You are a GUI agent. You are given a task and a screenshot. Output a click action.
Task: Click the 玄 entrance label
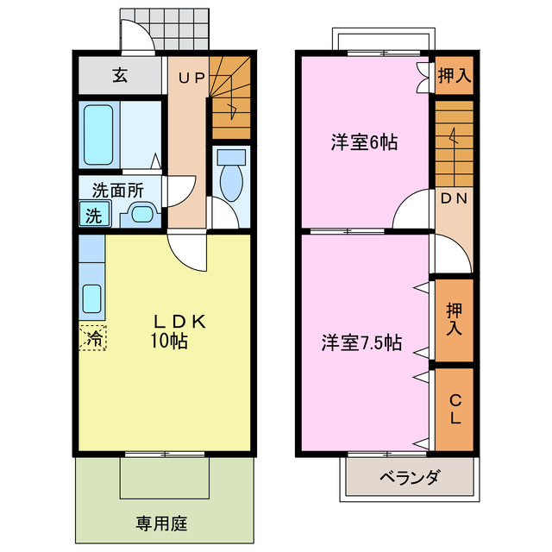(119, 76)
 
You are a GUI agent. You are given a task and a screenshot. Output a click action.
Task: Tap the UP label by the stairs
(191, 78)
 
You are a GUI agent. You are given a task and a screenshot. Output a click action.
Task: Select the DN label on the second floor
(452, 198)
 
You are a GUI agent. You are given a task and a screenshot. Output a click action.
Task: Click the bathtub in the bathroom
(98, 134)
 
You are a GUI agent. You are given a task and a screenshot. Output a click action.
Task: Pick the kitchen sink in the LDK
(92, 298)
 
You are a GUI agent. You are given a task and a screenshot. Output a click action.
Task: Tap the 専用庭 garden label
(161, 523)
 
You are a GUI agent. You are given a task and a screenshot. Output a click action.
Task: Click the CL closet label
(454, 410)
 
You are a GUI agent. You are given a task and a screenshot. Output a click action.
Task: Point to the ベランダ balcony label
(410, 477)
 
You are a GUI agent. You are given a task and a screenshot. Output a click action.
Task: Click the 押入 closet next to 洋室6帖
(453, 76)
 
